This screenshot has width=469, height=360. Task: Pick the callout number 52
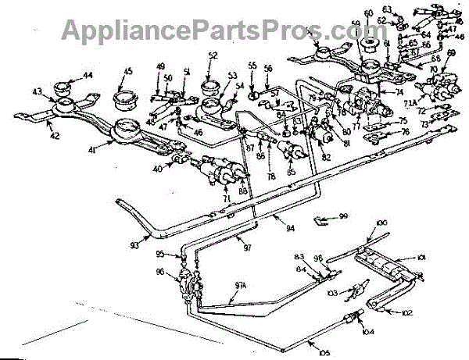[213, 55]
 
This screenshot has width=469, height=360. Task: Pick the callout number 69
[451, 52]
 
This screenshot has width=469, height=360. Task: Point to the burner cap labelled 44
[63, 85]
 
